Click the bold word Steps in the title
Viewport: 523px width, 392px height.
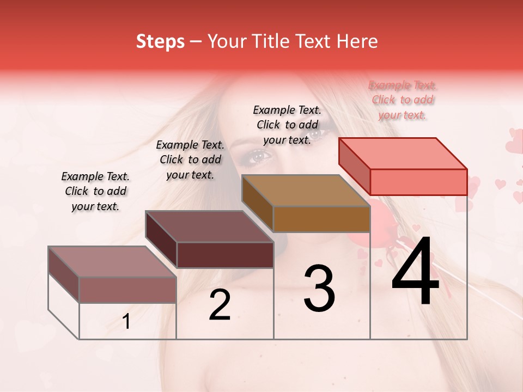click(x=160, y=41)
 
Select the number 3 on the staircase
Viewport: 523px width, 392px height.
click(x=319, y=289)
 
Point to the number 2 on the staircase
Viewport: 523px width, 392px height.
click(x=220, y=305)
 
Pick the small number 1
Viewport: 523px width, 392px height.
click(x=126, y=322)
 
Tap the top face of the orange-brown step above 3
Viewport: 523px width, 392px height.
click(x=306, y=191)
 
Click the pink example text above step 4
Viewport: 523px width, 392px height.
click(x=403, y=100)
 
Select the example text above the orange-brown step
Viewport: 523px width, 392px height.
click(x=287, y=125)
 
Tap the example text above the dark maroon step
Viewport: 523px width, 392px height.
click(x=190, y=160)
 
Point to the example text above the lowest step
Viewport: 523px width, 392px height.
click(x=95, y=191)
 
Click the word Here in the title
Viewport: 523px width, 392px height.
click(x=357, y=41)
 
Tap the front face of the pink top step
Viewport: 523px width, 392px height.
click(x=418, y=182)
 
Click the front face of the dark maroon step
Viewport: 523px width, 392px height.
click(x=225, y=255)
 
